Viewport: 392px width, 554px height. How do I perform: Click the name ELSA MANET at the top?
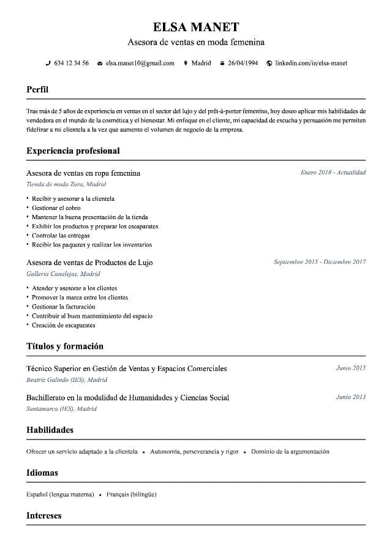(x=196, y=27)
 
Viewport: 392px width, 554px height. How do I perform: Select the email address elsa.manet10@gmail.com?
(x=140, y=63)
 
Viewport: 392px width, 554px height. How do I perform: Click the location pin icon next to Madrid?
(x=186, y=63)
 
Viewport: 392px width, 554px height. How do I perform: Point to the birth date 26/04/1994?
(x=243, y=63)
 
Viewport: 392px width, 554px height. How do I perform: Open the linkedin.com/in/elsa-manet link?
(x=311, y=63)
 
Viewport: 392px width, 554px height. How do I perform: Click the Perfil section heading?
(x=37, y=89)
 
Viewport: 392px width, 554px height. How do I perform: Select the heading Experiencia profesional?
(x=73, y=151)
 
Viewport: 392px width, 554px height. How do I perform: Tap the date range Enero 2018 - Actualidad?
(x=333, y=173)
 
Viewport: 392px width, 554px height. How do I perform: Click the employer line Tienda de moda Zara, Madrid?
(x=66, y=184)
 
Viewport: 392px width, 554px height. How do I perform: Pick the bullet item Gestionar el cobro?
(x=56, y=208)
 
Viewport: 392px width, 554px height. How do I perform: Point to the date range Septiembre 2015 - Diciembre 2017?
(x=320, y=262)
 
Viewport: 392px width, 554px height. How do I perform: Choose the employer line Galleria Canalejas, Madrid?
(x=63, y=274)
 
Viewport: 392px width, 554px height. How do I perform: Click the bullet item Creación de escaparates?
(x=64, y=325)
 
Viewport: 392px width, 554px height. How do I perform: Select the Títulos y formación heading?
(x=65, y=346)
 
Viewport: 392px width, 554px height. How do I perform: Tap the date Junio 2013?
(x=350, y=397)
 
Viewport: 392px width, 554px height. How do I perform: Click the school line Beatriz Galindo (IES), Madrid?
(x=67, y=380)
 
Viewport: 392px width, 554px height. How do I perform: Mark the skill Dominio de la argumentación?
(x=290, y=452)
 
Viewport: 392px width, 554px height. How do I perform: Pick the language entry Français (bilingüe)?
(x=131, y=494)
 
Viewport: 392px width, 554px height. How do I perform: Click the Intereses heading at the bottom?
(x=44, y=515)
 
